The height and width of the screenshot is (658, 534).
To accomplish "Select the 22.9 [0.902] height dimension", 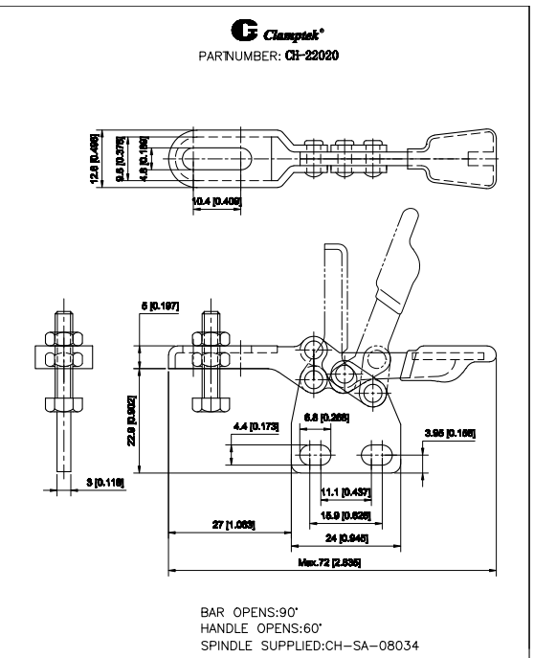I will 134,418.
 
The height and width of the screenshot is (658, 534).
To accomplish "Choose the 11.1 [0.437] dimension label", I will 341,490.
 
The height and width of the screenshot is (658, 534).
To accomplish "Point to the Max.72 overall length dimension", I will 331,563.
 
